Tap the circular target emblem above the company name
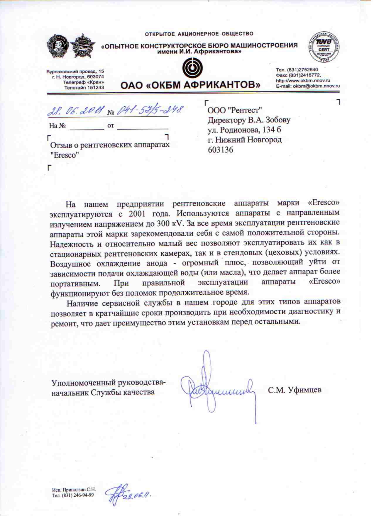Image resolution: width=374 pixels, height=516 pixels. coord(192,68)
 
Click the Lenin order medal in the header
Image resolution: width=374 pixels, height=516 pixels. coord(58,46)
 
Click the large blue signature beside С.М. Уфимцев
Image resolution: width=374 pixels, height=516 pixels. coord(217,387)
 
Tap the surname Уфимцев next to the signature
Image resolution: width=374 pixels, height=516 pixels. coord(305,390)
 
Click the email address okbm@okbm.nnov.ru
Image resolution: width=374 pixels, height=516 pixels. coord(316,86)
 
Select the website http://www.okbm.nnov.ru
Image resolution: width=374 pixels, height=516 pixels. coord(303,80)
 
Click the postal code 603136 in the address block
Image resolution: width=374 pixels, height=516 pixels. coord(220,150)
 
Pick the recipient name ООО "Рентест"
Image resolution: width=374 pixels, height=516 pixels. coord(234,110)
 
